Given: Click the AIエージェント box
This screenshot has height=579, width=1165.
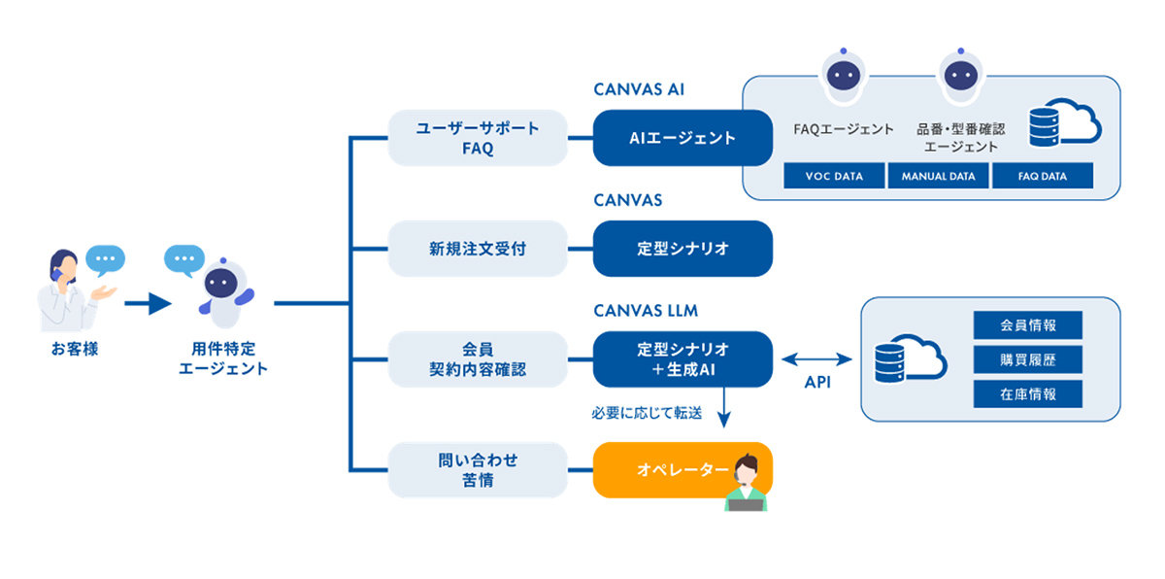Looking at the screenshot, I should coord(682,138).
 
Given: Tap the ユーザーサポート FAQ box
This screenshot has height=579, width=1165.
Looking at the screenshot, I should coord(477,138).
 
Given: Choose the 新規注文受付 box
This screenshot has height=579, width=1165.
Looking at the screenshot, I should coord(477,249).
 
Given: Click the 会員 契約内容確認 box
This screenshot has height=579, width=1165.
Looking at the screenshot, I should coord(477,359).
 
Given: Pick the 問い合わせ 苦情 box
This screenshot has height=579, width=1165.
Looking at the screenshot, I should coord(477,470).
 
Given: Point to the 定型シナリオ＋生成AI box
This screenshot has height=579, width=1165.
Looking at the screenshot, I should coord(682,359).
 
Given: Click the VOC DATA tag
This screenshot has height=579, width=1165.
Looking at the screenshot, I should coord(835,176).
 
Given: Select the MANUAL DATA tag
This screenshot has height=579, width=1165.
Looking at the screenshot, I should coord(938,176).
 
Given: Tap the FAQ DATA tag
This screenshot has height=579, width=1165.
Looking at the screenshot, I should coord(1042,176).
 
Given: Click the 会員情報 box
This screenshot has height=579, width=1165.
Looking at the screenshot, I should coord(1027,325).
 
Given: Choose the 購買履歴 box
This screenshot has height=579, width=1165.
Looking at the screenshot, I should coord(1027,359).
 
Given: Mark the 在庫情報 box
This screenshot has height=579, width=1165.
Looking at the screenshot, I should coord(1027,393).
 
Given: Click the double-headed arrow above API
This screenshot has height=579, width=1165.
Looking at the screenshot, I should coord(816,359).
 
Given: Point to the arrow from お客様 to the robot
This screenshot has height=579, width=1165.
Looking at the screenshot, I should coord(148,304).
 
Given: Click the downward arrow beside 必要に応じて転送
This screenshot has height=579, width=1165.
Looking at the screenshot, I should coord(723,412).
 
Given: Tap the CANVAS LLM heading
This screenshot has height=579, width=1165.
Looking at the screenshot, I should coord(646,311).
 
